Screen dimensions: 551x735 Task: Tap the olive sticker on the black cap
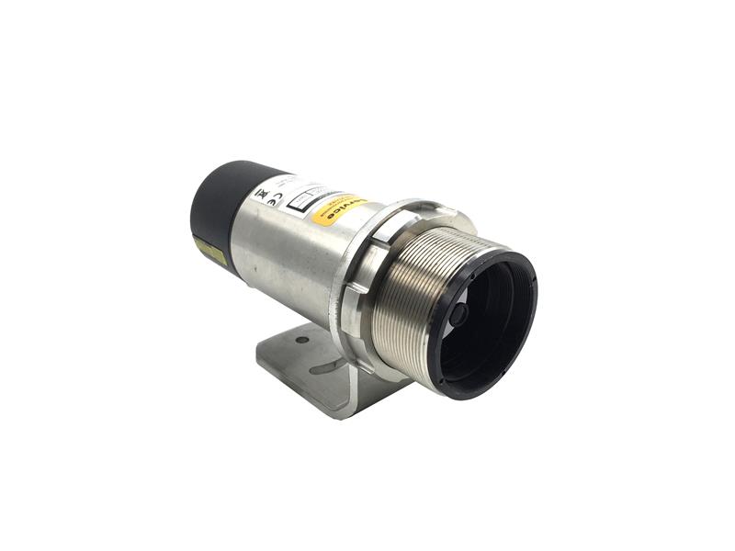[210, 251]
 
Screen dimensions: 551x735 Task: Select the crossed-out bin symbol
[259, 194]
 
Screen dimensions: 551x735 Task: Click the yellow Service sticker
[339, 210]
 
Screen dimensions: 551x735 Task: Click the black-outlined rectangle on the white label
[304, 200]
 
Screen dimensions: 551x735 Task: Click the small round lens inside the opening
[458, 315]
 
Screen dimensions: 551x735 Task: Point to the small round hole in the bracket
[302, 340]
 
